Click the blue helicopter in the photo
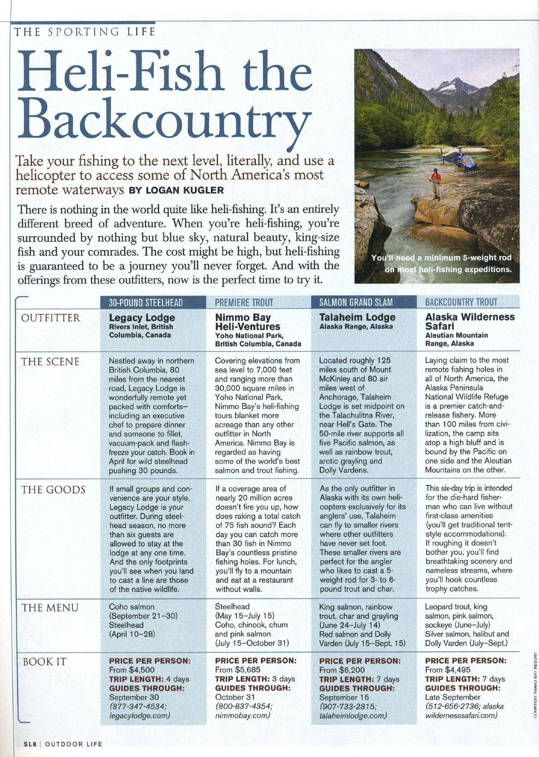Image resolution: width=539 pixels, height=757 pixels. [459, 161]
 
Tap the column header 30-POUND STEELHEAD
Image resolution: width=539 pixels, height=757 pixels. [146, 302]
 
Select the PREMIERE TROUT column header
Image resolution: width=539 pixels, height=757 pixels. [244, 302]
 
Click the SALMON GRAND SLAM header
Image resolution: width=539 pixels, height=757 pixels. [356, 302]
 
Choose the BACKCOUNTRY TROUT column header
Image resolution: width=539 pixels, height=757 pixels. [461, 302]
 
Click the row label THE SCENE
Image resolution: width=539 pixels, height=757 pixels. [50, 362]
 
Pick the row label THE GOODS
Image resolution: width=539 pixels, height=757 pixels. [53, 490]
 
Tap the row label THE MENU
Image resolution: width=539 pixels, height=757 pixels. [50, 608]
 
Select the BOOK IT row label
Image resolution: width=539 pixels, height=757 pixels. [44, 661]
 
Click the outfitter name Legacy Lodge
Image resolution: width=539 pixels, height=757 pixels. [142, 317]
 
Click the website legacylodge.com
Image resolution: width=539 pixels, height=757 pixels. [139, 715]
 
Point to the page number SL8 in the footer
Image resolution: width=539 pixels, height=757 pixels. [29, 744]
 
